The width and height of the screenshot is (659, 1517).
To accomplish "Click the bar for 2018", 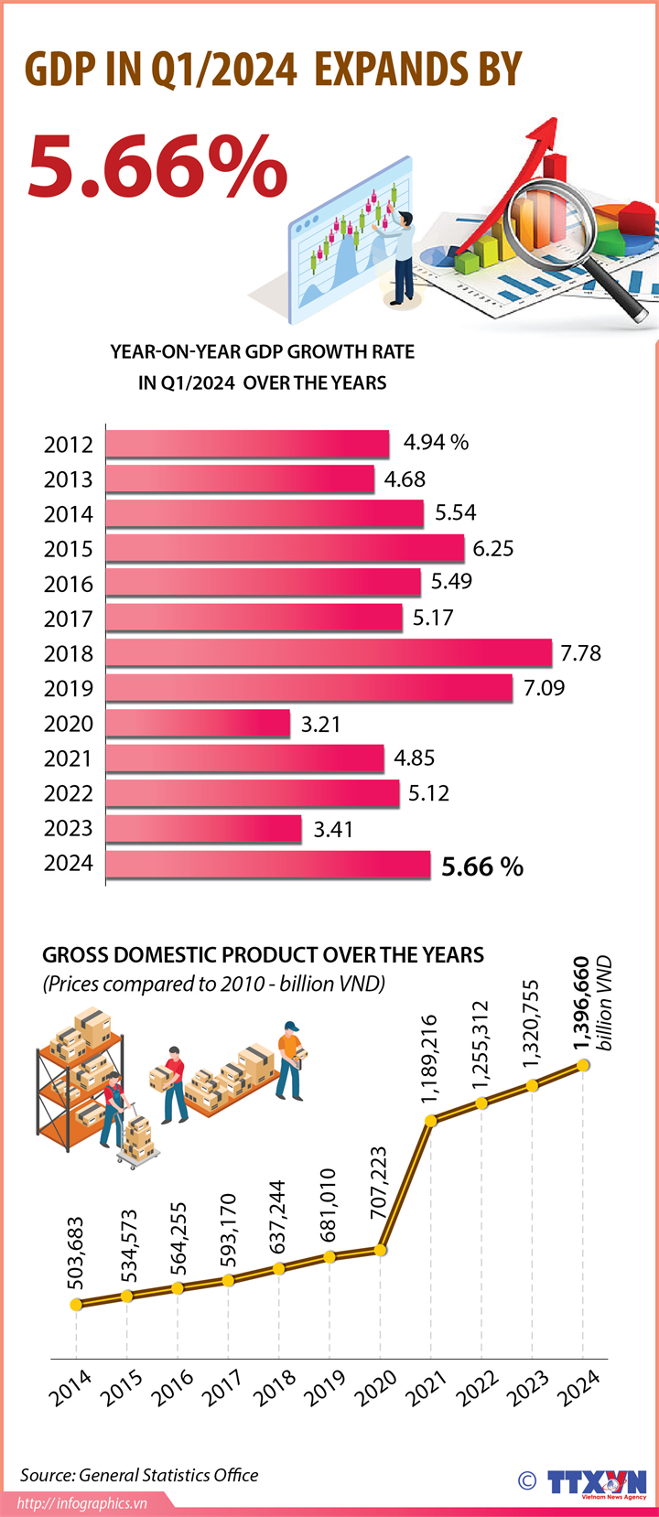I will (x=329, y=653).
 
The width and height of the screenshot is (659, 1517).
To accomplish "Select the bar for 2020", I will (x=198, y=723).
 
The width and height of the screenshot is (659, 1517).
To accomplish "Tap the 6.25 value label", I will (x=493, y=548).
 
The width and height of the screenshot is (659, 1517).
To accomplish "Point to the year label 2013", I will (x=69, y=479).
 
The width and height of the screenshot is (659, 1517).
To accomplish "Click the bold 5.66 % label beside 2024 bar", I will (x=482, y=866).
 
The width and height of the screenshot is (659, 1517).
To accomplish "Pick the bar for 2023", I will (x=203, y=828).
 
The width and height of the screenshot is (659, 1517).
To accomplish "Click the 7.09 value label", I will (x=545, y=688).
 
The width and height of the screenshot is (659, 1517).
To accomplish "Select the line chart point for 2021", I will (x=431, y=1119).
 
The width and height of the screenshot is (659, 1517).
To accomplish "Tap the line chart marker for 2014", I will (x=77, y=1304).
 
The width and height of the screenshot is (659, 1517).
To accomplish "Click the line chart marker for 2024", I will (x=583, y=1065).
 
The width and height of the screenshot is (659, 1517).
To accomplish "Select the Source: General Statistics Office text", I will (x=139, y=1475).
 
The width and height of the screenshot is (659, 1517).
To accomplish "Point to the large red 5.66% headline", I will (x=157, y=166).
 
